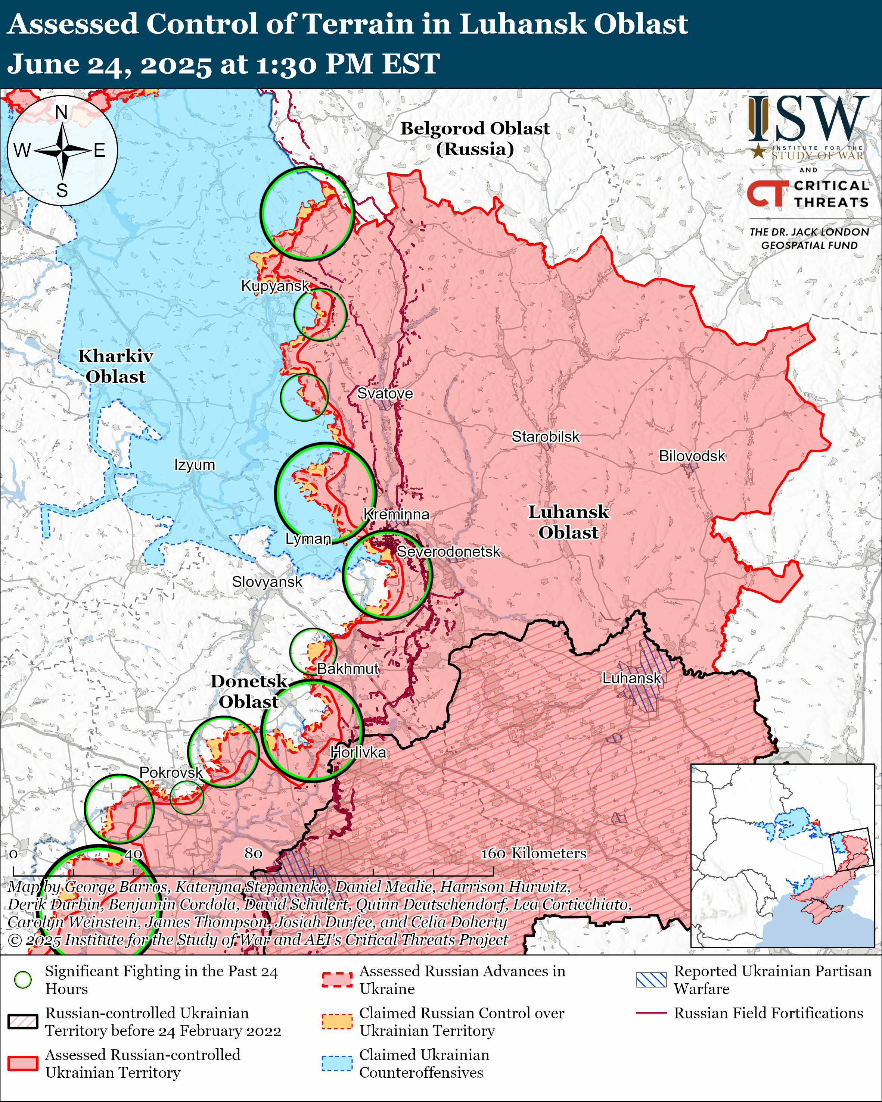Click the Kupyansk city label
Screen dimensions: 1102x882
click(275, 286)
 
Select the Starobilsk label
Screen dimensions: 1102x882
click(546, 437)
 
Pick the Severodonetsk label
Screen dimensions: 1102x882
click(448, 552)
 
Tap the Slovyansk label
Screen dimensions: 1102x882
click(267, 582)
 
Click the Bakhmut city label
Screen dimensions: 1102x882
click(348, 669)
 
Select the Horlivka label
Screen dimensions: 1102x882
click(358, 752)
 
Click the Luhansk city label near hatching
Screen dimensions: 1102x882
click(631, 678)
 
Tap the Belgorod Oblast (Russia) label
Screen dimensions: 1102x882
click(475, 138)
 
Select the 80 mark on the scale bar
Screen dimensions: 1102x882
click(253, 853)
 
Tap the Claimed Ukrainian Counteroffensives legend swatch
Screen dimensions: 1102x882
click(337, 1063)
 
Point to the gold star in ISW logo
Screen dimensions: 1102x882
click(758, 151)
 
